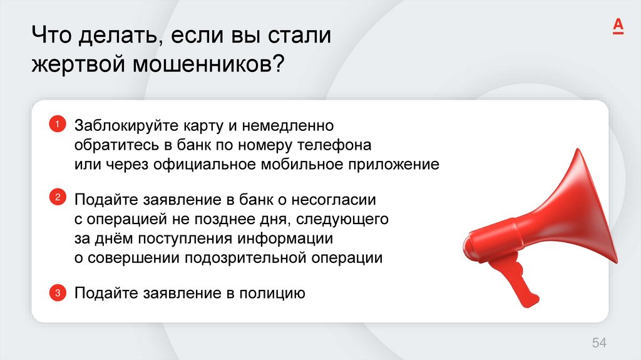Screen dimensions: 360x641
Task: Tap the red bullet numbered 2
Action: (x=56, y=198)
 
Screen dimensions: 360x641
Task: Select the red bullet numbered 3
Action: (x=56, y=292)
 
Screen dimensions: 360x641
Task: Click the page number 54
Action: (x=599, y=342)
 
